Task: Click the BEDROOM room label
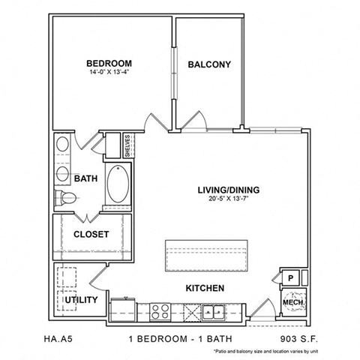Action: (x=109, y=63)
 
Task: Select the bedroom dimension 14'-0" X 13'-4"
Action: (x=109, y=73)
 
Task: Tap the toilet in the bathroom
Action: (x=67, y=199)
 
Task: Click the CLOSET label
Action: (x=91, y=234)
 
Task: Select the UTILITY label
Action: (x=81, y=300)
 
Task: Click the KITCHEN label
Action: (x=204, y=288)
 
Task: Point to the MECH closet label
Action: (x=291, y=303)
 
